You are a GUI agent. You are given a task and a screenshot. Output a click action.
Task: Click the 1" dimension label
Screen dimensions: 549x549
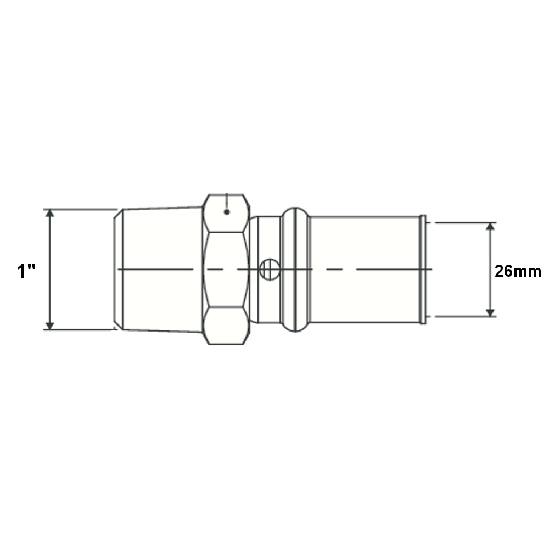point(26,271)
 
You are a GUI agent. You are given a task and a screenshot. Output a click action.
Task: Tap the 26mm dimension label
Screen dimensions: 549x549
point(518,271)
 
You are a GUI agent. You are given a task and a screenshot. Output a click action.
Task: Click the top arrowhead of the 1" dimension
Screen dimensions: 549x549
point(50,213)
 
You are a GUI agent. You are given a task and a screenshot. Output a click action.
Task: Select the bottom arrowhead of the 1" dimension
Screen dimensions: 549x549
point(50,326)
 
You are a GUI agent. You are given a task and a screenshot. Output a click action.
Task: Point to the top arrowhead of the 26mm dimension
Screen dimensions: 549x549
point(490,226)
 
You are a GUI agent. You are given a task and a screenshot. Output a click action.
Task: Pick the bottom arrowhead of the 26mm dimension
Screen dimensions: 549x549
point(490,313)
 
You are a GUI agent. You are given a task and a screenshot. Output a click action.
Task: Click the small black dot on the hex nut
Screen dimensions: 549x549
point(227,212)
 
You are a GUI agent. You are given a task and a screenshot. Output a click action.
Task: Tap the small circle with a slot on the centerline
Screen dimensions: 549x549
point(269,270)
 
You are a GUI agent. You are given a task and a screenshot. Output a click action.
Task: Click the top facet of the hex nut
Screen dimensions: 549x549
point(226,213)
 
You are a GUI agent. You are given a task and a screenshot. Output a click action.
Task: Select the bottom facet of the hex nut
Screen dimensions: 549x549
point(226,326)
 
